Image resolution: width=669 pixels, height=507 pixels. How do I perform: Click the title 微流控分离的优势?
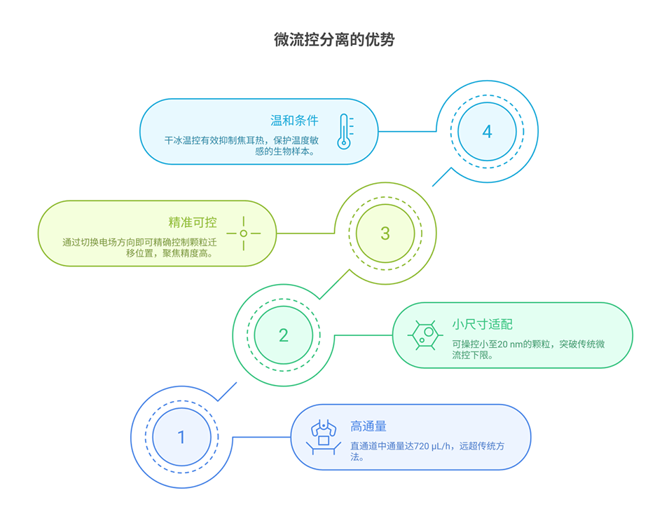[x=334, y=40]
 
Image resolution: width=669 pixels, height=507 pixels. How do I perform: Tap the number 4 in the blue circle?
[x=487, y=132]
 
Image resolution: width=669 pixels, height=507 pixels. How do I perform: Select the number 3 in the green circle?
[x=385, y=234]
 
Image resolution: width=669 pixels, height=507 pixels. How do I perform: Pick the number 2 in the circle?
[x=283, y=335]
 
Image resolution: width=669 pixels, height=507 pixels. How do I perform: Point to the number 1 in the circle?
[x=181, y=438]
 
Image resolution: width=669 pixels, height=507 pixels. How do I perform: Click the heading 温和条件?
[x=294, y=121]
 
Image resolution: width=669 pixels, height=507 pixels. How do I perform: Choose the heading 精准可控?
[x=192, y=222]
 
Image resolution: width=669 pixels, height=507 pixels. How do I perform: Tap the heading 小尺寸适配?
[x=482, y=324]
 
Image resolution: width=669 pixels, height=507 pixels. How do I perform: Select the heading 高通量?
[x=368, y=426]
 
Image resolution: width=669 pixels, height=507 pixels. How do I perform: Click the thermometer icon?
[x=344, y=132]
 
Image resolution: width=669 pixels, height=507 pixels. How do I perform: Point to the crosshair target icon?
[x=243, y=234]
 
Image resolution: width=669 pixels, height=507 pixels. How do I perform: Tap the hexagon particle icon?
[x=425, y=335]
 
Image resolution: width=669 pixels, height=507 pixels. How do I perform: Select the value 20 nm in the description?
[x=507, y=344]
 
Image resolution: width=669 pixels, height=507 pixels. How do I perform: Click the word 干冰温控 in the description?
[x=181, y=140]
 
